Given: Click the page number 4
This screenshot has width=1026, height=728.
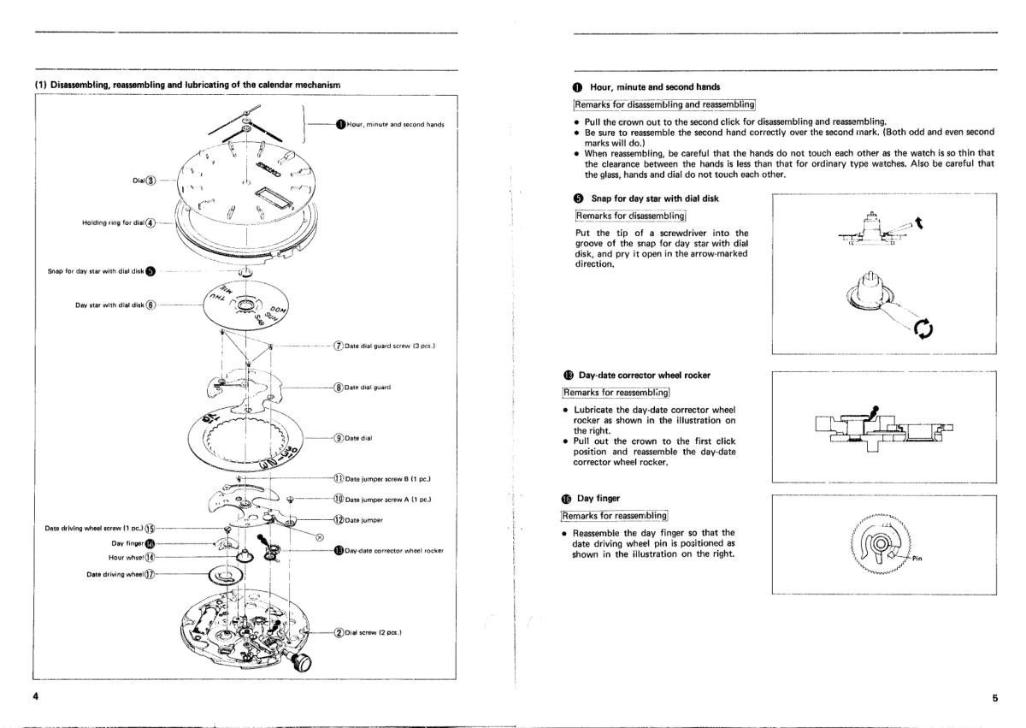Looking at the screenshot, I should point(36,696).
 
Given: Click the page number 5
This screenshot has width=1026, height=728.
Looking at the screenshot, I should point(994,698).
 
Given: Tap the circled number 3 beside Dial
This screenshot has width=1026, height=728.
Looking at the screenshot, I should point(151,180).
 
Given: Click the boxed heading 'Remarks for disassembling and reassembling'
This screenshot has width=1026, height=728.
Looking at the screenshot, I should point(665,104).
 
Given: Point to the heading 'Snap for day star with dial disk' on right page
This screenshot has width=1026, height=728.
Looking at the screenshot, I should point(655,198).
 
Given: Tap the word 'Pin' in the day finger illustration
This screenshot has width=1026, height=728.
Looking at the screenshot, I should point(917,559).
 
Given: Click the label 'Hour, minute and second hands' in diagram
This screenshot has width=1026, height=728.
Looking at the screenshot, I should point(396,125).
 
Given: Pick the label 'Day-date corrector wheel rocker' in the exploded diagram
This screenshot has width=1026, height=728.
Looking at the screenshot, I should point(395,550).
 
